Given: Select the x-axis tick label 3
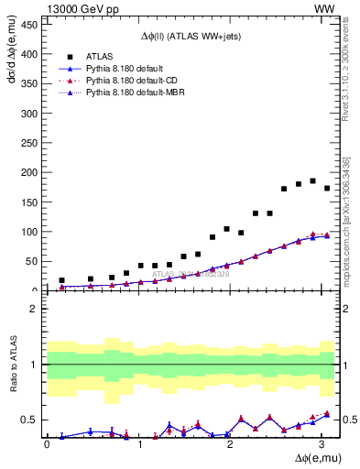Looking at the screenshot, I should [x=321, y=444].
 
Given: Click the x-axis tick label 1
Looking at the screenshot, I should [x=138, y=444].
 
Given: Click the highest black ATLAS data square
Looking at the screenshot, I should [x=312, y=180].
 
